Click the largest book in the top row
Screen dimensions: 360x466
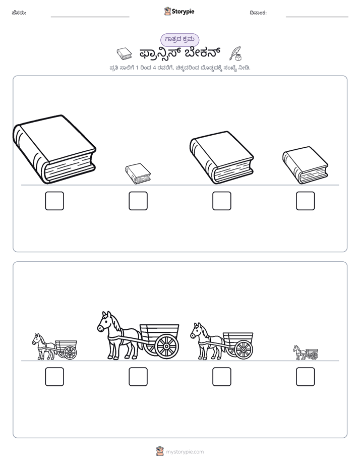pos(54,149)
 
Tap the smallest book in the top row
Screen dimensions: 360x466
pos(138,173)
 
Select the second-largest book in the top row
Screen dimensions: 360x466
pos(221,157)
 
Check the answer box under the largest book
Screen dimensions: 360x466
pos(54,201)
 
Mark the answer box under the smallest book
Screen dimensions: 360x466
pos(138,201)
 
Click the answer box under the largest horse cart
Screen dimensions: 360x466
pos(138,377)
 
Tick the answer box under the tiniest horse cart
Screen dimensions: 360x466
pos(306,377)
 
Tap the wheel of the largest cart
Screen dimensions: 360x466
pos(166,346)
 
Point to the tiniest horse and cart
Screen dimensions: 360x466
pos(306,353)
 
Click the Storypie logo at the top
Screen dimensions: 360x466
pos(179,11)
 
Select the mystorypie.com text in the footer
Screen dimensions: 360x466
pos(185,452)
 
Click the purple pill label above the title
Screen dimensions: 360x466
pos(179,39)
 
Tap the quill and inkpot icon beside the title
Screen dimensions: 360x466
pos(236,53)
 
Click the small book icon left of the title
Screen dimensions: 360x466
pos(124,54)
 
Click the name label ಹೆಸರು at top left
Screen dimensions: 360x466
pos(19,13)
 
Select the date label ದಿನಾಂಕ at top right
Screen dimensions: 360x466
pos(258,13)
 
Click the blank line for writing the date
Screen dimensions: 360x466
pos(317,17)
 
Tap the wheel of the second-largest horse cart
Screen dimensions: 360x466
pos(244,349)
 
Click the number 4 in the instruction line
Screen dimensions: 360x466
pos(154,68)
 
